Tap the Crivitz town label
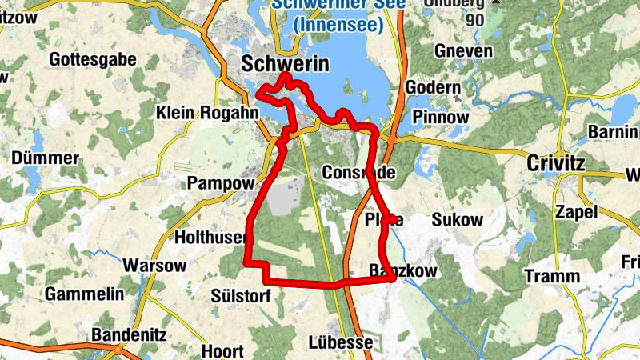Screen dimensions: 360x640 coord(556,164)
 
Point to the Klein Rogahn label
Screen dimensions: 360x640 coord(207,113)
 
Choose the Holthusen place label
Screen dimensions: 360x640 coord(210,237)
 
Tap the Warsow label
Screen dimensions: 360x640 coord(154,265)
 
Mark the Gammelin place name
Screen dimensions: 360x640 coord(84,294)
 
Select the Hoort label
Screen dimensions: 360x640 coord(223,351)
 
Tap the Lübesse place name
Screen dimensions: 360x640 coord(340,342)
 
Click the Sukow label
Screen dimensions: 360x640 coord(457,220)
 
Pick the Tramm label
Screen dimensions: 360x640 coord(552,276)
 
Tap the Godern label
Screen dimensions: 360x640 coord(433,87)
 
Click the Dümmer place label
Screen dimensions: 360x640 coord(45,158)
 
